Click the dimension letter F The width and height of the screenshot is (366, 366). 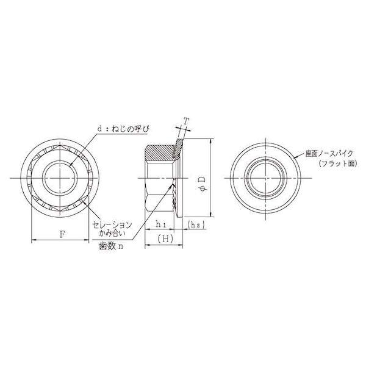[62, 234]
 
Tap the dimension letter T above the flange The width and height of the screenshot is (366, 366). [186, 121]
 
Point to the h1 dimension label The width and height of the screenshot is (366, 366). [161, 224]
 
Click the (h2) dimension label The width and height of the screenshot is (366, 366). [196, 224]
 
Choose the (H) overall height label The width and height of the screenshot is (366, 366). [165, 239]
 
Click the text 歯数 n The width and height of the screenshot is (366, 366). [111, 246]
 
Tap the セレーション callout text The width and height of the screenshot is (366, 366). [112, 224]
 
